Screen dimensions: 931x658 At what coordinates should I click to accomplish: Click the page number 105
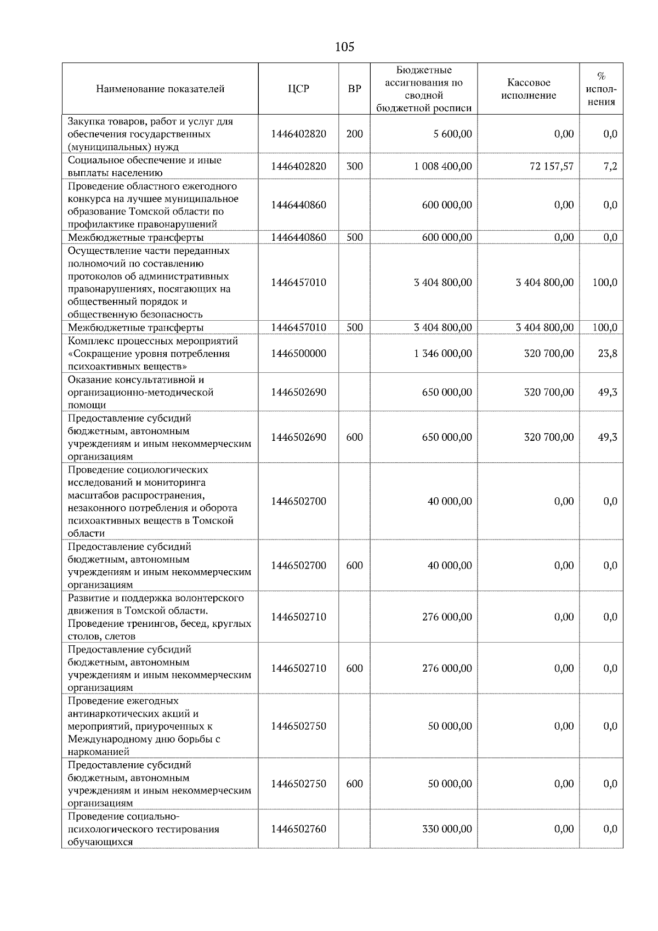[344, 47]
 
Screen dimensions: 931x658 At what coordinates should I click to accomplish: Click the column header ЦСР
[298, 89]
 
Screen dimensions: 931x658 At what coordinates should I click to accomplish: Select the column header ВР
[355, 89]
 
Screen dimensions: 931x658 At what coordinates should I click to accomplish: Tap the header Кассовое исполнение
[528, 89]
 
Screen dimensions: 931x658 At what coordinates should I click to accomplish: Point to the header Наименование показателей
[160, 89]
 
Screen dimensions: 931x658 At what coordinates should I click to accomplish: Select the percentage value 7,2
[610, 166]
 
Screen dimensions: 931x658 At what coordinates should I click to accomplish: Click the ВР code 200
[355, 134]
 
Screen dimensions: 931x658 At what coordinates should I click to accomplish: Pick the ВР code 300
[355, 166]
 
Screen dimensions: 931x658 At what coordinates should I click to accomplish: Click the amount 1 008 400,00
[443, 166]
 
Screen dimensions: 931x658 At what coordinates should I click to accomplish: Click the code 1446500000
[298, 354]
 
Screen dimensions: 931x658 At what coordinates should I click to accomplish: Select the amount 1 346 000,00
[443, 354]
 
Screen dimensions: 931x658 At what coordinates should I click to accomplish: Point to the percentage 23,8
[607, 354]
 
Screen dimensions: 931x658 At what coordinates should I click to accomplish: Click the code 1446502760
[298, 829]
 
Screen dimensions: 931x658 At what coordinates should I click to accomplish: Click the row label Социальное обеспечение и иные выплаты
[145, 166]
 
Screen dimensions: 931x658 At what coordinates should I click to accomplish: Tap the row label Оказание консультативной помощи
[140, 392]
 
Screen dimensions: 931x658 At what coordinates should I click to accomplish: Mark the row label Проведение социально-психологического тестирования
[144, 829]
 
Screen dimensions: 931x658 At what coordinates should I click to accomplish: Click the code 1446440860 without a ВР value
[298, 205]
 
